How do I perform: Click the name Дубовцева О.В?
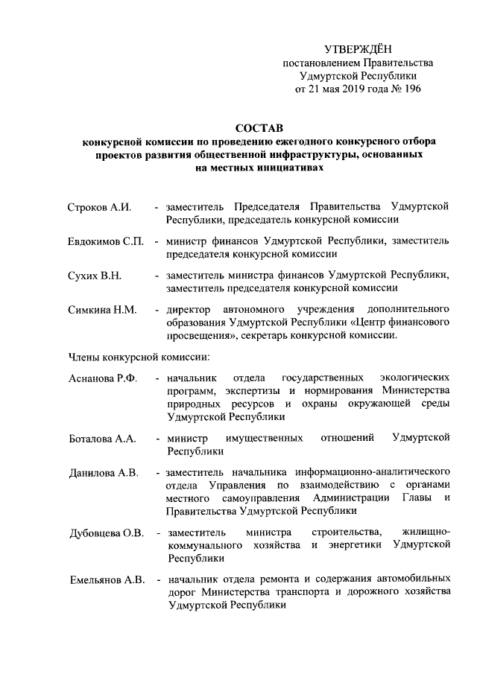pos(106,533)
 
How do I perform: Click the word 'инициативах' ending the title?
pos(285,168)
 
